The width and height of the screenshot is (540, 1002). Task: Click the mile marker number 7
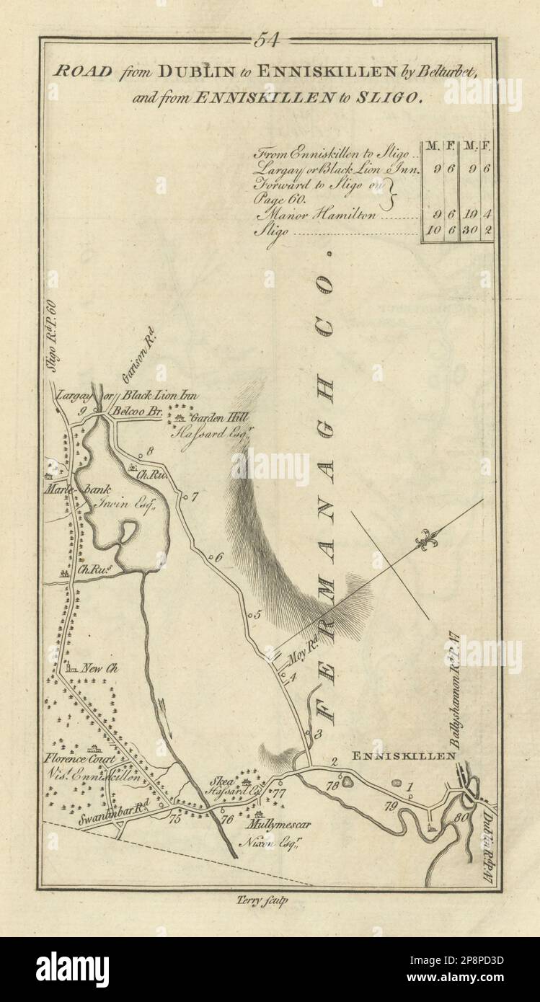194,496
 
